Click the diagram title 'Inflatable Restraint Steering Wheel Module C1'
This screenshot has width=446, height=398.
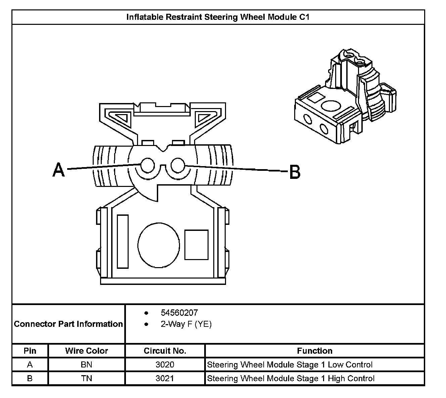218,17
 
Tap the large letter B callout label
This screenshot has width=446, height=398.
295,172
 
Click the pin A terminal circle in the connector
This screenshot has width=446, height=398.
147,165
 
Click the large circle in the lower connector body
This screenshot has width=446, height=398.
159,245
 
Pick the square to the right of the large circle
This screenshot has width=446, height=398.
196,245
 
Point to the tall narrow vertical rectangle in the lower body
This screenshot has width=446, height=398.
123,241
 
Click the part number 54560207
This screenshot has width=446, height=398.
179,313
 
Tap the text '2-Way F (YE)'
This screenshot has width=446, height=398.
186,324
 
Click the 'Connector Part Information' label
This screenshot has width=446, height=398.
68,324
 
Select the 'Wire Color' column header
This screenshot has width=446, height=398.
87,351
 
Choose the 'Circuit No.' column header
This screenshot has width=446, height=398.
165,351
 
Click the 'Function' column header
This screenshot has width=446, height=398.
315,351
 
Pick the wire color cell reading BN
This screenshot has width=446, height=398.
87,365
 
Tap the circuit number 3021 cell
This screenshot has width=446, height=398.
165,379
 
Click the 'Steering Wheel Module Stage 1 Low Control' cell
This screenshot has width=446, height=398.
290,365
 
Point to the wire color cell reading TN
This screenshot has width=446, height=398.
87,379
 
